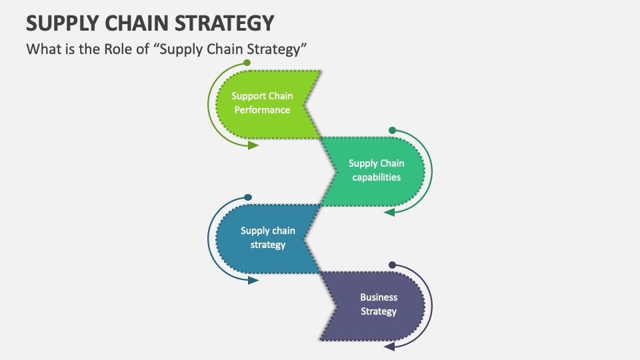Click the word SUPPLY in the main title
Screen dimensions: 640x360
coord(63,23)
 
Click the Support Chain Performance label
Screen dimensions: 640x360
coord(262,103)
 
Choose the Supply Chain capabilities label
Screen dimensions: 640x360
coord(376,170)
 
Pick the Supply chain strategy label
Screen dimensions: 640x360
coord(268,237)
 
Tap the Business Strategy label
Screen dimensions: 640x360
coord(379,305)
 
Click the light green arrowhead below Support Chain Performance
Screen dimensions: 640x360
coord(253,145)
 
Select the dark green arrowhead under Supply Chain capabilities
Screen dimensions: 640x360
coord(389,212)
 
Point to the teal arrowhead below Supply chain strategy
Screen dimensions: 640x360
coord(253,280)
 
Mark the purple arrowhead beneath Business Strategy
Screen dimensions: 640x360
coord(389,347)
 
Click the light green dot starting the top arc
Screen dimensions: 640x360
coord(247,63)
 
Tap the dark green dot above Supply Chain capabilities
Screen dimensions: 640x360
coord(392,130)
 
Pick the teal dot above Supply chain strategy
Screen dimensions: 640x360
coord(248,197)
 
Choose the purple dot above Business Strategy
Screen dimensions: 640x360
coord(392,265)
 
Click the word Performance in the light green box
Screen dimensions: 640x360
coord(262,110)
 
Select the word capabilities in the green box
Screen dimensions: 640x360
coord(376,177)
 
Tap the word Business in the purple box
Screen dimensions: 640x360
coord(379,297)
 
